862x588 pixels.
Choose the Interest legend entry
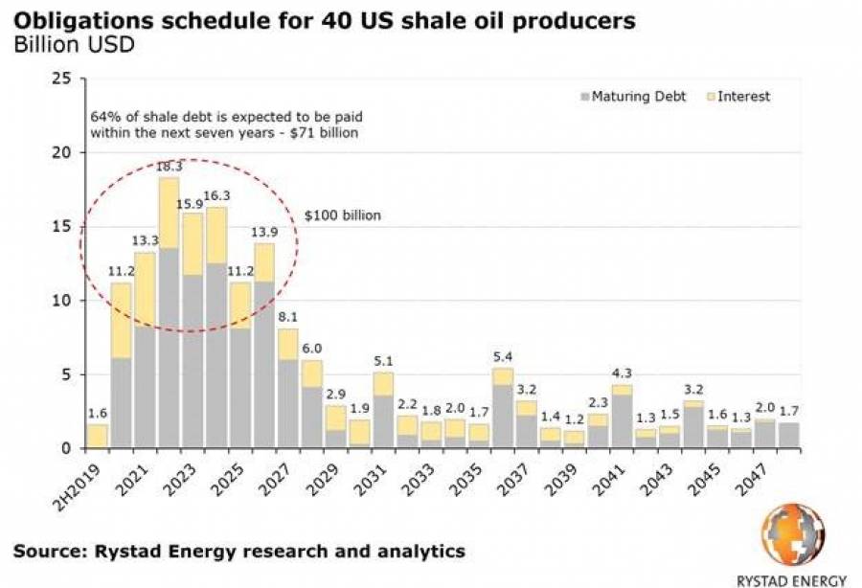pos(743,97)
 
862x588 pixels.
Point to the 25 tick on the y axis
pos(60,79)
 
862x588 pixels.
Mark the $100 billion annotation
pos(342,215)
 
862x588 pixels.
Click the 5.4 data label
pos(502,357)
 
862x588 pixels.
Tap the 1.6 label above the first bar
pos(97,414)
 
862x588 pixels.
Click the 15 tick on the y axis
pos(60,227)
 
